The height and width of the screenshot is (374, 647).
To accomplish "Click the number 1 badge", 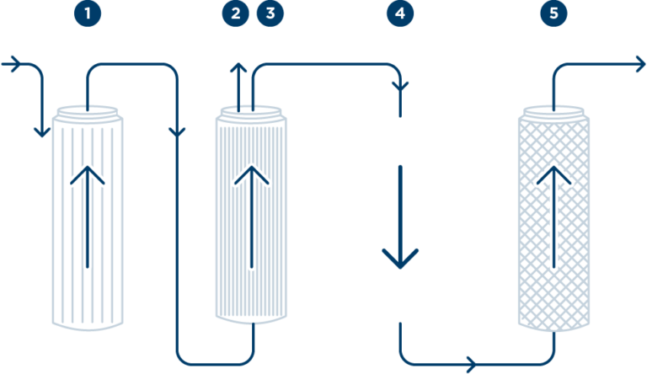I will tap(87, 13).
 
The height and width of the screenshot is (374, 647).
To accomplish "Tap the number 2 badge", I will tap(236, 13).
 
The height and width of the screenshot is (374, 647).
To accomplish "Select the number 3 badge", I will tap(270, 13).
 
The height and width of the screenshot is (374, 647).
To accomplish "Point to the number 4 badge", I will tap(399, 13).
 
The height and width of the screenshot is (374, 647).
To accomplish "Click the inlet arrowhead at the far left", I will tap(15, 64).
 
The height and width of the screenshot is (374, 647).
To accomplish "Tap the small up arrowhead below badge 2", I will tap(239, 67).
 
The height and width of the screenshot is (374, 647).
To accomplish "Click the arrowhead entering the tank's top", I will tap(399, 87).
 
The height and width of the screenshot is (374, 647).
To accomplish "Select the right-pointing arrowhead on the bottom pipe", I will tap(473, 365).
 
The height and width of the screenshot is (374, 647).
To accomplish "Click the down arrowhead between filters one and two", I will tap(177, 132).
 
